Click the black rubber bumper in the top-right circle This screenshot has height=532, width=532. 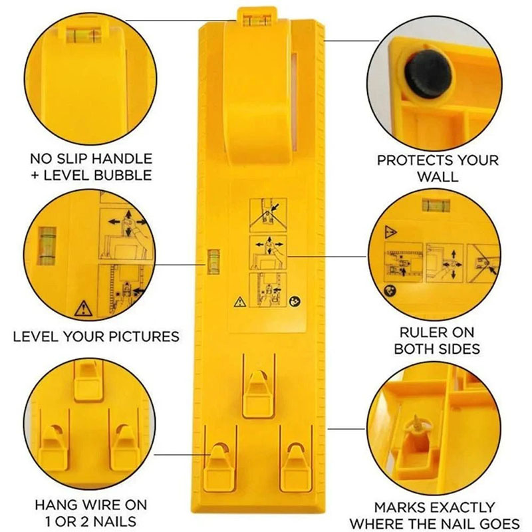(428, 74)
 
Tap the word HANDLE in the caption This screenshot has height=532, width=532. (122, 159)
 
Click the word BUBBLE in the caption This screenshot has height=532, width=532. (123, 176)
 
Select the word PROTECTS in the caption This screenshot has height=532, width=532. (410, 160)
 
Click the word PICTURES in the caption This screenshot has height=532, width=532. (144, 336)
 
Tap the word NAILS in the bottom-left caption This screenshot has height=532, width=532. (114, 521)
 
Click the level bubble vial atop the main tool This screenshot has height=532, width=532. (257, 21)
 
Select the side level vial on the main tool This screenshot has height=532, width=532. (213, 261)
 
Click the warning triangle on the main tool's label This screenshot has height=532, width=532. (240, 302)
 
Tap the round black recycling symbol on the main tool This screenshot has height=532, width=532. (294, 301)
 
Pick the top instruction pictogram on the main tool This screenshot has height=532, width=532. (268, 215)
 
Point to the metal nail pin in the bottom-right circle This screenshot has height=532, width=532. (417, 425)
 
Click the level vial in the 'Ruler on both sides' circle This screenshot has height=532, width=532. (436, 205)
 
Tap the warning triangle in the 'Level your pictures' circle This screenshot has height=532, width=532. (83, 309)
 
